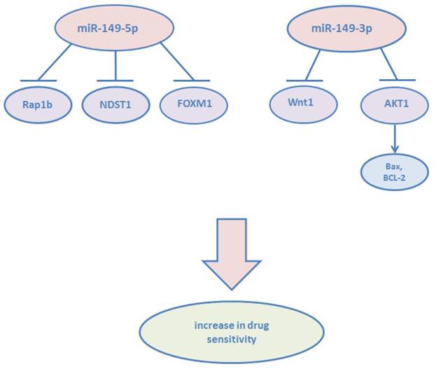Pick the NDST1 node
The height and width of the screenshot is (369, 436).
(x=113, y=109)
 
